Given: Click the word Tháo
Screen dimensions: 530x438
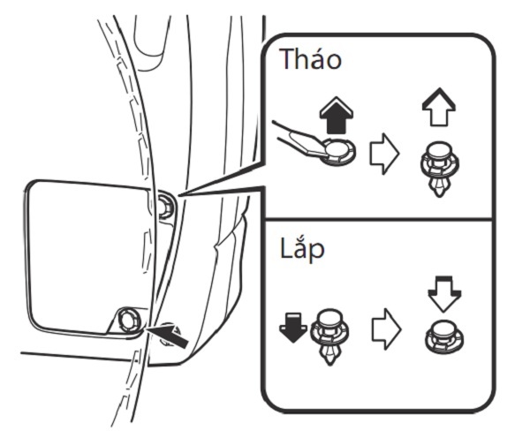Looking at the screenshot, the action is pos(311,59).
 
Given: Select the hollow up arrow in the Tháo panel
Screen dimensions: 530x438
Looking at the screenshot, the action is pos(439,107).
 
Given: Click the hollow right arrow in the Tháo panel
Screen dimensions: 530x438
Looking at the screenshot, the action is pos(384,154).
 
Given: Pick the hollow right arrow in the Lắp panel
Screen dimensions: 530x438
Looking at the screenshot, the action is pos(386,328).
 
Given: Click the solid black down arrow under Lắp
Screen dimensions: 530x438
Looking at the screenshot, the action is pos(293,327).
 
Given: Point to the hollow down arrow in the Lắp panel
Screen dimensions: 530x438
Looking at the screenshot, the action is pos(444,293).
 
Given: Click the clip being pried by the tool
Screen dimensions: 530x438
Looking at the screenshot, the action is pos(338,153).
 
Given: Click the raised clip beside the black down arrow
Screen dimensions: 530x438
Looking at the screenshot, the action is pos(329,336).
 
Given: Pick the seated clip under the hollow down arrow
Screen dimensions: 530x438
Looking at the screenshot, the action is pos(443,337).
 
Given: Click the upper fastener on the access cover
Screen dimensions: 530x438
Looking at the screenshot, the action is pos(167,205).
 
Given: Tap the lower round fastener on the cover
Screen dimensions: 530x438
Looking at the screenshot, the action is pos(129,320).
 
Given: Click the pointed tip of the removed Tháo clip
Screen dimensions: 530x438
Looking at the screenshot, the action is pos(439,197).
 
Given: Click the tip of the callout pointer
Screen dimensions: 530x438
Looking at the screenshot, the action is pos(178,195).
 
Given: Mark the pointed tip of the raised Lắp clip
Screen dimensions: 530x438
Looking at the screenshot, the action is pos(329,365).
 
